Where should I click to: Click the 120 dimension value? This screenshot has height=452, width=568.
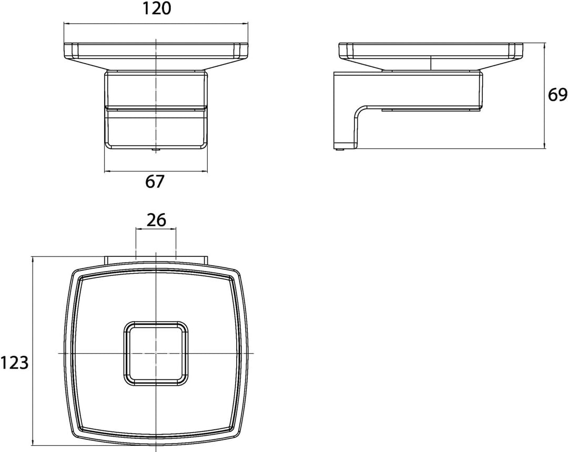(156, 9)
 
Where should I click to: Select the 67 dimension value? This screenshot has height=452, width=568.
(155, 182)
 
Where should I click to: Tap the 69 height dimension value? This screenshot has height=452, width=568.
(557, 95)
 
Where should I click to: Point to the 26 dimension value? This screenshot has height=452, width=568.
(157, 220)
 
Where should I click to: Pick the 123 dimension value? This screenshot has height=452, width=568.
(15, 363)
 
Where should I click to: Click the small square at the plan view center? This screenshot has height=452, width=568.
(156, 353)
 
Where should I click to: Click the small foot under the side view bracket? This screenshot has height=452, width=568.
(339, 149)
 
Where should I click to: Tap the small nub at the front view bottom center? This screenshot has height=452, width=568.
(156, 149)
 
